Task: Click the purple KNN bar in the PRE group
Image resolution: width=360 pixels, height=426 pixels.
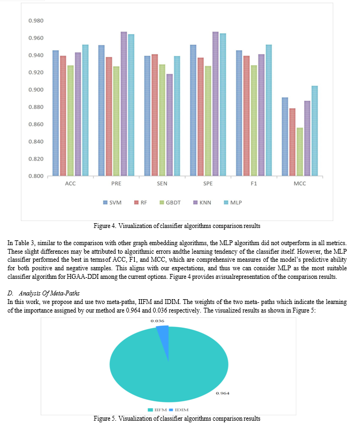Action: pyautogui.click(x=124, y=104)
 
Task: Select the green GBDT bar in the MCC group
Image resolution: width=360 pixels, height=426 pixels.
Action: pyautogui.click(x=300, y=151)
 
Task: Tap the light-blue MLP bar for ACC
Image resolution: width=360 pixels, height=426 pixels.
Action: pyautogui.click(x=85, y=110)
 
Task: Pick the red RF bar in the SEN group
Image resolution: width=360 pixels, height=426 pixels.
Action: pyautogui.click(x=155, y=115)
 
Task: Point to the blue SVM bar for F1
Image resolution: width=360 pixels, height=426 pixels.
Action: pyautogui.click(x=239, y=113)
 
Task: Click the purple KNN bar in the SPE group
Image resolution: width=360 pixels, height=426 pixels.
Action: pyautogui.click(x=215, y=104)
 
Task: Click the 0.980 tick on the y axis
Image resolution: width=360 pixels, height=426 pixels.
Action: pyautogui.click(x=36, y=21)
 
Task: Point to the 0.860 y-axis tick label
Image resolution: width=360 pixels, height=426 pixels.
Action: pyautogui.click(x=36, y=125)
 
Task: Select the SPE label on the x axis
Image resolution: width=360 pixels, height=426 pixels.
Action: pyautogui.click(x=208, y=184)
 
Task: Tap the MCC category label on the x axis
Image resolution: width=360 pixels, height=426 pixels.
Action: pyautogui.click(x=300, y=184)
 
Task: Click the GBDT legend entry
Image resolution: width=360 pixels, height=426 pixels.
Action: pyautogui.click(x=170, y=203)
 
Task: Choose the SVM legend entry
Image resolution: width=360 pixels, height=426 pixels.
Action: pyautogui.click(x=112, y=203)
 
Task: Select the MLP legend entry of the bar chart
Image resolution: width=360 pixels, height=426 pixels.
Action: pyautogui.click(x=233, y=203)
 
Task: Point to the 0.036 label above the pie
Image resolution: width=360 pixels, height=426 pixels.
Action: pyautogui.click(x=157, y=321)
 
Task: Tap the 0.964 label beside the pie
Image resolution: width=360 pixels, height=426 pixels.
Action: pyautogui.click(x=223, y=393)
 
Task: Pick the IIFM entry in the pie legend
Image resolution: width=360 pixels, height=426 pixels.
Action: pyautogui.click(x=157, y=410)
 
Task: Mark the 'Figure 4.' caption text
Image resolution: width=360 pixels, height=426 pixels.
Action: pyautogui.click(x=105, y=226)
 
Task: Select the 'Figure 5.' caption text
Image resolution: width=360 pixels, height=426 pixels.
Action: pyautogui.click(x=105, y=419)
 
